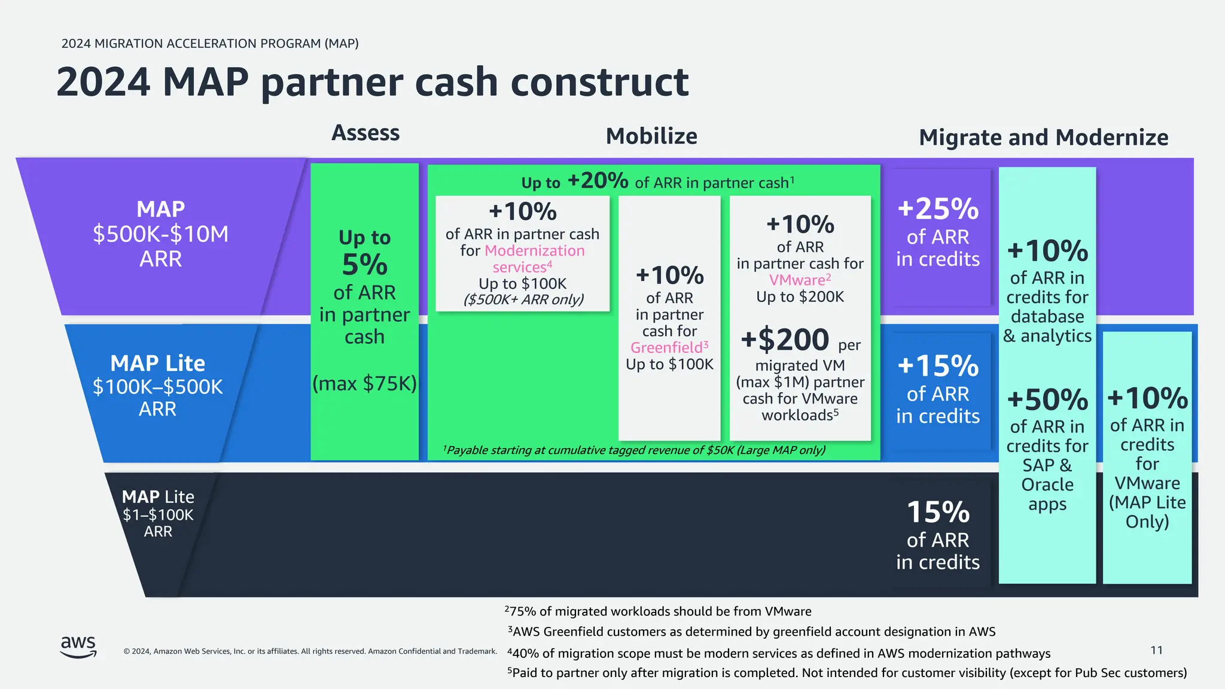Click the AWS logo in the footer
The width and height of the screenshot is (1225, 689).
(78, 647)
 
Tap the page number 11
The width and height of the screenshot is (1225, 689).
(1156, 650)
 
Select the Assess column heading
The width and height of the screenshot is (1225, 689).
(365, 133)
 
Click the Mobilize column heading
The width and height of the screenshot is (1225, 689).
(651, 136)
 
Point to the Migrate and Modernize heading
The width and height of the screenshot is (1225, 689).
(1043, 138)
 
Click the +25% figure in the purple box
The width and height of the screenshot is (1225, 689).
(938, 209)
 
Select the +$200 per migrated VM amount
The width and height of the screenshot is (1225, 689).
(785, 340)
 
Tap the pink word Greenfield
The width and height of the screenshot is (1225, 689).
(666, 347)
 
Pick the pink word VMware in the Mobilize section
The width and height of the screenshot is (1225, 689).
(797, 280)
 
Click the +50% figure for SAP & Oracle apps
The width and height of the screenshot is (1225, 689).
(1047, 400)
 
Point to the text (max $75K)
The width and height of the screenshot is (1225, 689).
(364, 383)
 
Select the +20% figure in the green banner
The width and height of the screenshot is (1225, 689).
(598, 180)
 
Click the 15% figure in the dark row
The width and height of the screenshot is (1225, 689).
(938, 513)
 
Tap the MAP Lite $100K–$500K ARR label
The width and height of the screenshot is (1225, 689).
(158, 386)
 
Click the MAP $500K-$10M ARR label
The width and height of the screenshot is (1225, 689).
(160, 234)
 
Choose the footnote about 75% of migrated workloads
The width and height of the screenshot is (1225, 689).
(658, 611)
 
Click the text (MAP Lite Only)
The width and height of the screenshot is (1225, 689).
(1147, 512)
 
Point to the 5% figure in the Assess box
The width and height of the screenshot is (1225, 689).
(364, 265)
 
